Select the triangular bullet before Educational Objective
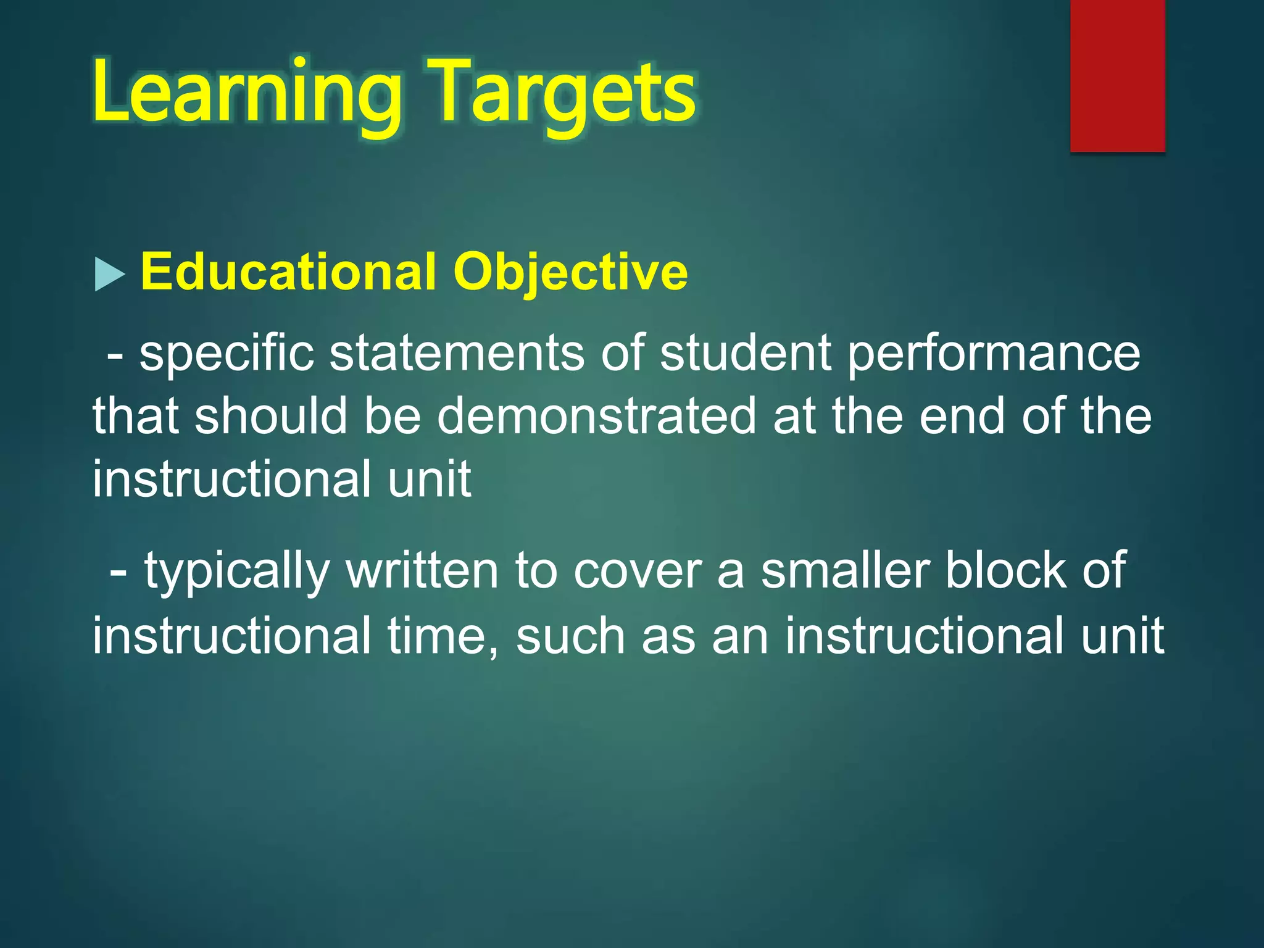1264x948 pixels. (x=109, y=274)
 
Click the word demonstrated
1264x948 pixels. (x=597, y=416)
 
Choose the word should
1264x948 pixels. (x=271, y=416)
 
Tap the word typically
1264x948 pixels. (x=237, y=572)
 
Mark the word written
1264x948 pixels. (x=422, y=572)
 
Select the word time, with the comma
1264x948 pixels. (x=443, y=636)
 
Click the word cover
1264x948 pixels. (x=638, y=572)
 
